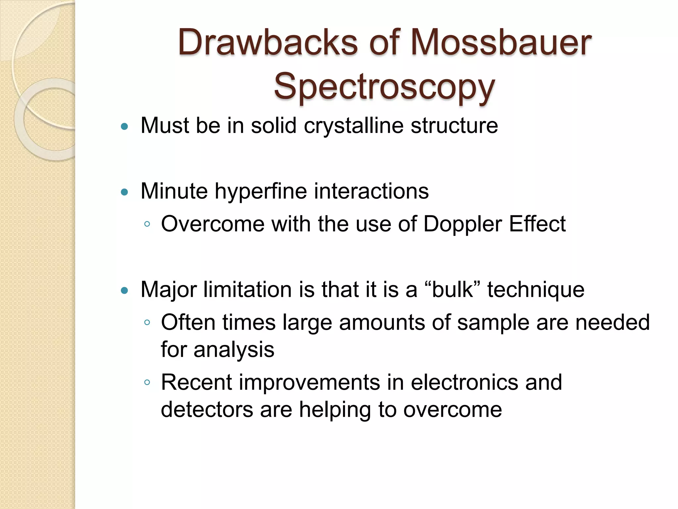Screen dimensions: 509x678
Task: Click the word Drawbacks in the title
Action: tap(268, 42)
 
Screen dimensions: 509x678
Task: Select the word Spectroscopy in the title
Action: tap(384, 87)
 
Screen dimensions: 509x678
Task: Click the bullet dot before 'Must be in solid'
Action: tap(124, 126)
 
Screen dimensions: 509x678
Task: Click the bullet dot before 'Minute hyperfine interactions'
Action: tap(124, 192)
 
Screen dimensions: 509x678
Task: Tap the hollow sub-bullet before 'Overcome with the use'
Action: tap(147, 224)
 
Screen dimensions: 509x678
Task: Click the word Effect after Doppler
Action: tap(537, 224)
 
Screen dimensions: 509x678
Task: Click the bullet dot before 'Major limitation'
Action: tap(124, 291)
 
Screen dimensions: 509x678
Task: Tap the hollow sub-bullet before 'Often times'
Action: tap(147, 322)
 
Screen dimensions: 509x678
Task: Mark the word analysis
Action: tap(234, 350)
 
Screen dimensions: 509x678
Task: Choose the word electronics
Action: tap(464, 382)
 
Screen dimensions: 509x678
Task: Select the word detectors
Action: tap(207, 410)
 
